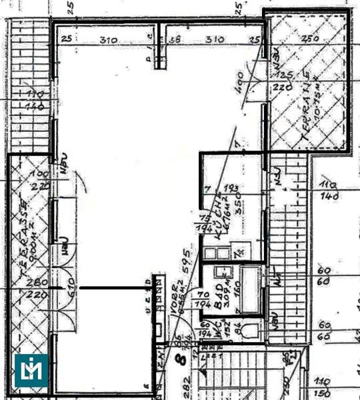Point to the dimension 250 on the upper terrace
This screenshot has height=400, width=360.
click(x=309, y=39)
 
